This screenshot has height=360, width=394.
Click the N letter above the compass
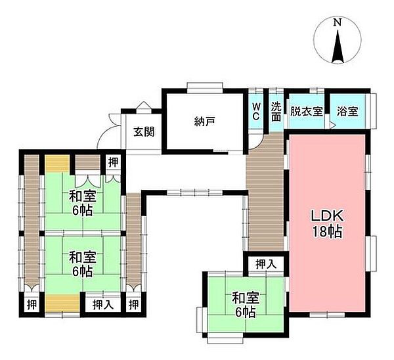tap(337, 23)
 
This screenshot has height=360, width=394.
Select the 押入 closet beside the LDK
tap(265, 264)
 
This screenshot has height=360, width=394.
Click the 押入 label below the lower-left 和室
tap(102, 304)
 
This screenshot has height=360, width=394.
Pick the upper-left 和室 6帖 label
tap(83, 202)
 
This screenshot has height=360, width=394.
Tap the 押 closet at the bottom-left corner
tap(31, 304)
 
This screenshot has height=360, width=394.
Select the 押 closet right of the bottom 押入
tap(133, 304)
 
